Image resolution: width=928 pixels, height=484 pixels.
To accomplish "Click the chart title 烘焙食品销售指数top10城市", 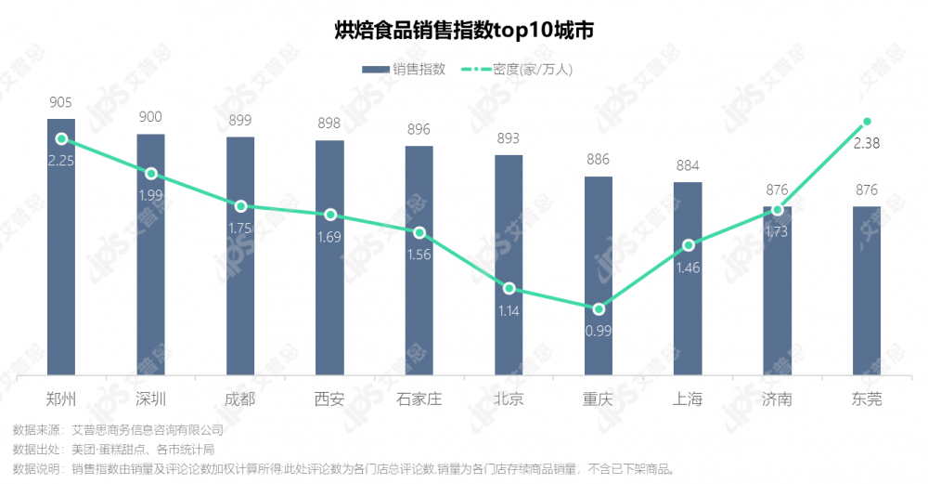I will (464, 31).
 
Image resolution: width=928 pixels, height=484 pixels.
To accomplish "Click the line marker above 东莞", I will (867, 122).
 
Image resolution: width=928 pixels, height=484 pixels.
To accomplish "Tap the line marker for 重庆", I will (599, 308).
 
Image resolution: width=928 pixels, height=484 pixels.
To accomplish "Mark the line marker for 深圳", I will (150, 174).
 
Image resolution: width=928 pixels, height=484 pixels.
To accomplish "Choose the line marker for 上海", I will (688, 245).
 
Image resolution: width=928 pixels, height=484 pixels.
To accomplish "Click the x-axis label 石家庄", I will (419, 399).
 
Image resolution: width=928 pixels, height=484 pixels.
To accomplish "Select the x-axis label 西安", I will (329, 399).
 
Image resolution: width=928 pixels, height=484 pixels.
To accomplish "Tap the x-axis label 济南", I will (777, 399).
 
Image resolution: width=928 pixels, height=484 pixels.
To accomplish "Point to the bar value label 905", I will (61, 102).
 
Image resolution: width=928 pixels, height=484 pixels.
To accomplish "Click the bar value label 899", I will (239, 121).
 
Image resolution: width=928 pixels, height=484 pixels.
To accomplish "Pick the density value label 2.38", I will (867, 143).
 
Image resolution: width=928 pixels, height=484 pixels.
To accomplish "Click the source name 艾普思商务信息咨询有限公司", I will (148, 430).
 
